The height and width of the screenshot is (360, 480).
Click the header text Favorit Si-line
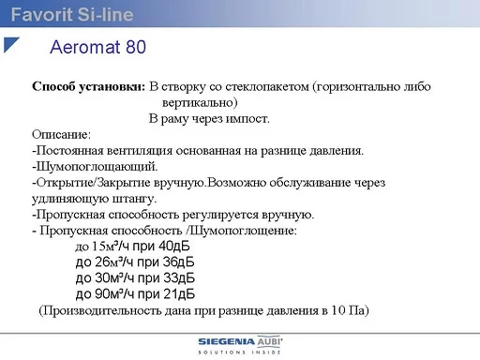click(72, 14)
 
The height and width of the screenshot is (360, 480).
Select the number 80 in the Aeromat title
click(136, 47)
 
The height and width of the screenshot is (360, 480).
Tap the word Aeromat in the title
click(85, 47)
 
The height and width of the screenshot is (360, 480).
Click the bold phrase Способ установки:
click(89, 86)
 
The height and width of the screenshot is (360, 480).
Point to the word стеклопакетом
click(267, 86)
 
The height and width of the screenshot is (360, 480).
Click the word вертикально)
click(200, 102)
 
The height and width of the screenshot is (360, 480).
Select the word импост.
click(247, 119)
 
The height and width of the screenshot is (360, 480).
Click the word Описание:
click(61, 135)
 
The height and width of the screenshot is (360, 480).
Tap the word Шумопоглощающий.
click(97, 167)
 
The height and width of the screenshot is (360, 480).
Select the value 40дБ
click(174, 247)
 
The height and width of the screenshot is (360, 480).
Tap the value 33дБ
click(179, 278)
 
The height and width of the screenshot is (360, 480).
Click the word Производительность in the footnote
click(105, 310)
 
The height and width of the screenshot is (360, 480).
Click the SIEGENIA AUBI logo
click(240, 345)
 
